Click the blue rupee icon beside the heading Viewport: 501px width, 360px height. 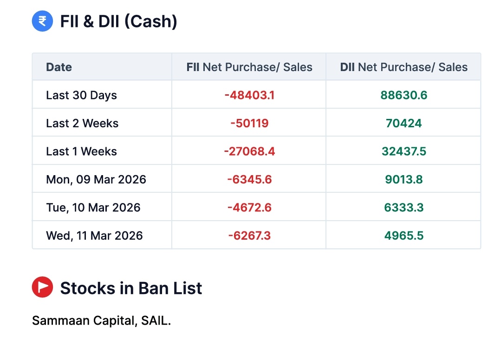[42, 21]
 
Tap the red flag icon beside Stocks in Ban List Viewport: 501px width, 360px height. [42, 288]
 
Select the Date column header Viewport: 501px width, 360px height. [59, 67]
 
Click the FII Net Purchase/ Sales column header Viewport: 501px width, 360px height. [249, 67]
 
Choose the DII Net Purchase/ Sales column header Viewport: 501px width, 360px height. [403, 67]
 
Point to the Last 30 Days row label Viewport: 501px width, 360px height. [81, 95]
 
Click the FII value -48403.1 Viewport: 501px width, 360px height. [249, 95]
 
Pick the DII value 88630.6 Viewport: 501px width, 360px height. [403, 95]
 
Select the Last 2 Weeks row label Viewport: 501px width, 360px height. [82, 124]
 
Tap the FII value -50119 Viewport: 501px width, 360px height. [249, 124]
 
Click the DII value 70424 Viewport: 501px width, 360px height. [403, 124]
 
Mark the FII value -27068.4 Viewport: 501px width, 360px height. [249, 151]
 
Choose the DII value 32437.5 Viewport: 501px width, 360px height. [403, 151]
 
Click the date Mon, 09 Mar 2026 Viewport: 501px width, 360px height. [96, 180]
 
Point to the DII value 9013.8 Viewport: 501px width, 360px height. [403, 180]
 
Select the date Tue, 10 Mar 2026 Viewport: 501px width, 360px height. [93, 208]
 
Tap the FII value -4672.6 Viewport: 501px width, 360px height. [249, 208]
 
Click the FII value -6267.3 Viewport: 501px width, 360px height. [249, 236]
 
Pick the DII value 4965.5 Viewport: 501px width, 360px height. [403, 236]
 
